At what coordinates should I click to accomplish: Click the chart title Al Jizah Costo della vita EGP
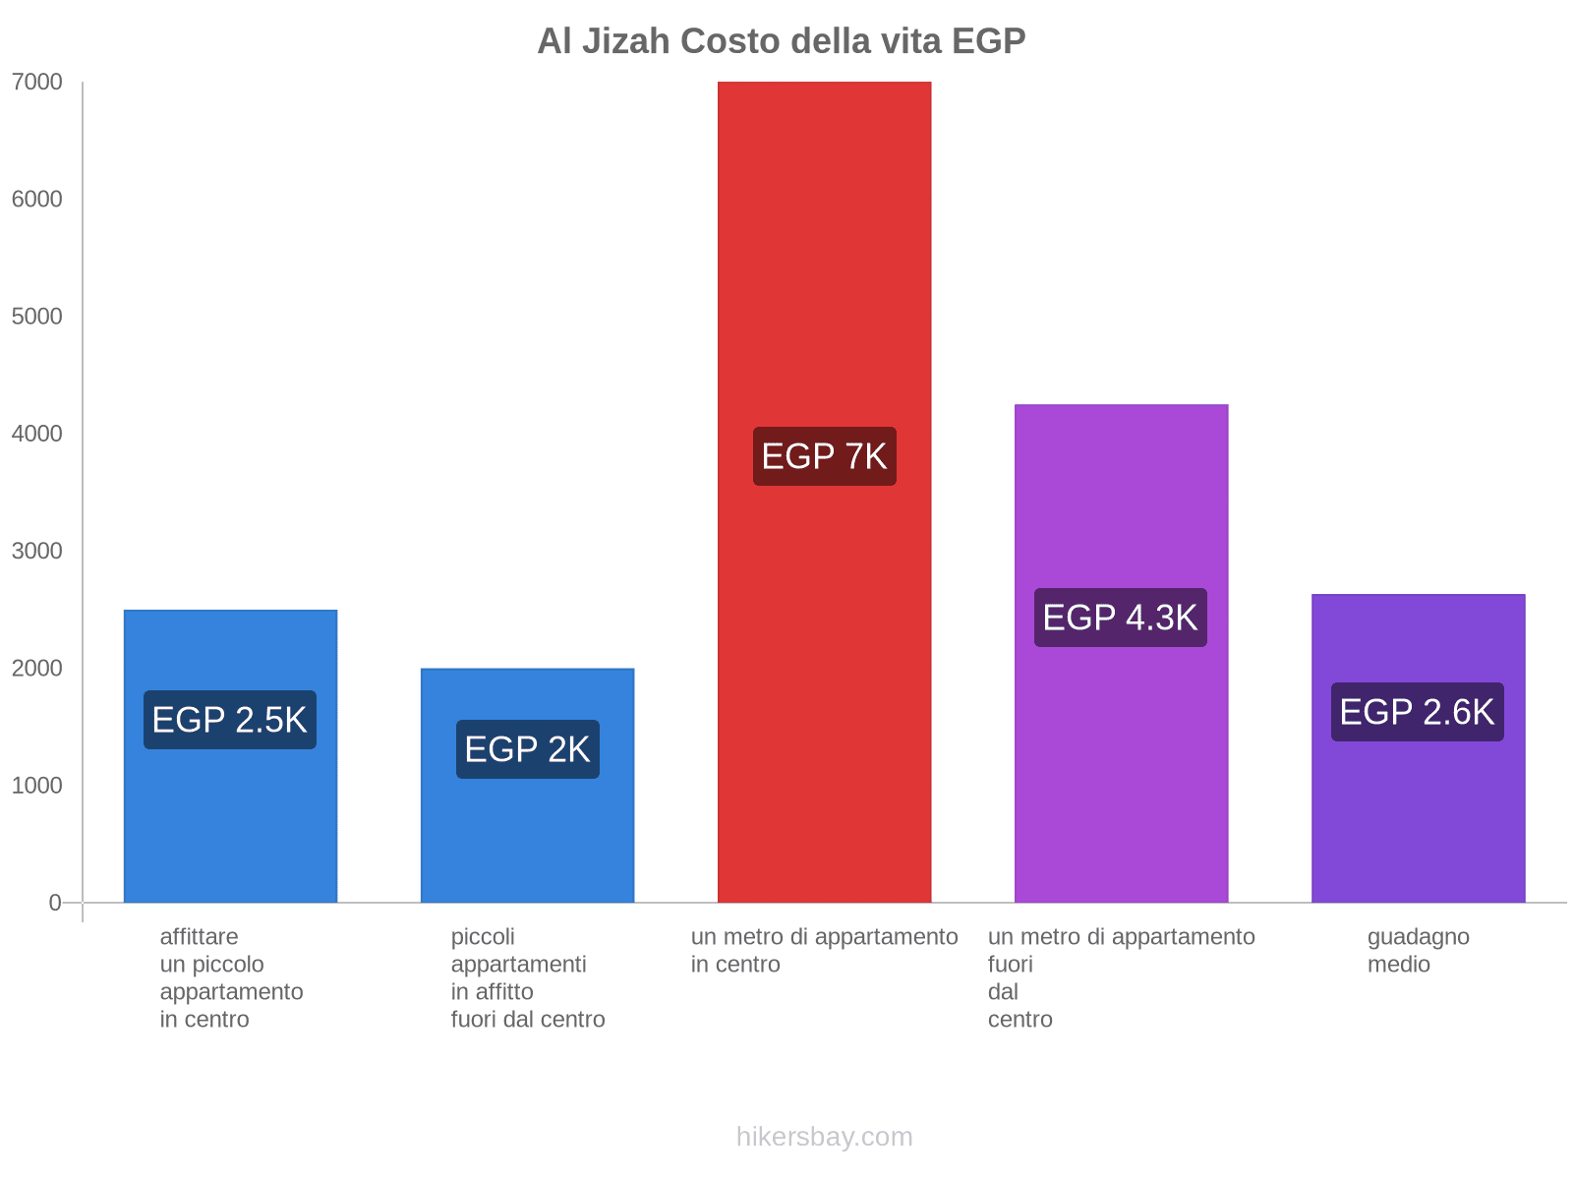781,41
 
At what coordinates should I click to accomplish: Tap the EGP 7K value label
824,456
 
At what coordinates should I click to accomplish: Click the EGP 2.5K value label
230,720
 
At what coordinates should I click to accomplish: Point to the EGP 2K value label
527,749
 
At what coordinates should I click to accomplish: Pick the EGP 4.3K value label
1120,618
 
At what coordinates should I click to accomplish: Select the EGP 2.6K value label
1417,712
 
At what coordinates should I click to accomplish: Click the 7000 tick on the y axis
37,83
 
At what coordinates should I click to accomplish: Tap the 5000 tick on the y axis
37,317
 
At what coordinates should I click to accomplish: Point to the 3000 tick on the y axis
37,551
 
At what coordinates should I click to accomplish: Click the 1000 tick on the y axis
37,785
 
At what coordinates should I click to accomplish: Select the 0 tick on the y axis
55,902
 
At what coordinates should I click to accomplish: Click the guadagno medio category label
1418,950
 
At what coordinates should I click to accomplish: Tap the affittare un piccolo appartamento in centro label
231,977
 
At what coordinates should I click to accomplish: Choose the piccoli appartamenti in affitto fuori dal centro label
528,977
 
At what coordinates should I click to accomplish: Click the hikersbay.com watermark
824,1137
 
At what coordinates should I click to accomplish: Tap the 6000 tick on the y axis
37,200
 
